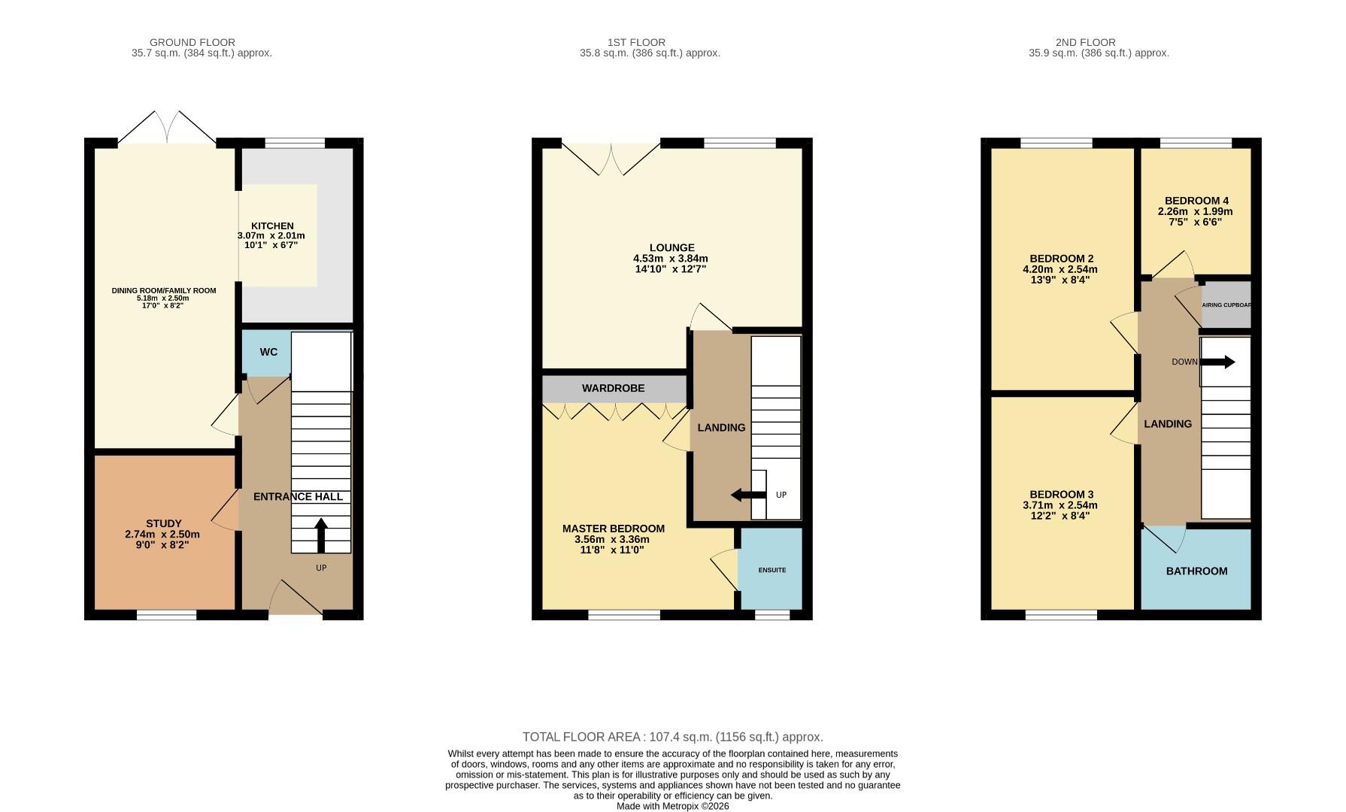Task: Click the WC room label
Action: [268, 352]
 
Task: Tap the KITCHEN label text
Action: [272, 226]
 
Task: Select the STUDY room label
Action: [163, 523]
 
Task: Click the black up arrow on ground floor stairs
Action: [321, 535]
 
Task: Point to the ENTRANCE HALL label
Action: [298, 496]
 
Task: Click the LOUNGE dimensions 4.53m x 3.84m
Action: [671, 258]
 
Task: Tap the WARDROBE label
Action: [613, 388]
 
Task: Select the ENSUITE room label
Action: [772, 570]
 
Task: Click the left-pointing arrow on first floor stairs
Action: [748, 495]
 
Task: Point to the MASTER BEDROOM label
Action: [613, 529]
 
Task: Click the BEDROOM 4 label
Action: [1196, 201]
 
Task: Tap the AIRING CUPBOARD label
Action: [1226, 304]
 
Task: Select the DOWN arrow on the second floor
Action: [1218, 362]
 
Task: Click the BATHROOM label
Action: [1196, 571]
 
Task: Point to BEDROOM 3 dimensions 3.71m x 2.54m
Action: [1060, 505]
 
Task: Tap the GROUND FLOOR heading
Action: [193, 42]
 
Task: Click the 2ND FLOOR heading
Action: [1085, 42]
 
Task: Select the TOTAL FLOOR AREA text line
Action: [672, 737]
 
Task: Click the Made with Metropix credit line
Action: [672, 806]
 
